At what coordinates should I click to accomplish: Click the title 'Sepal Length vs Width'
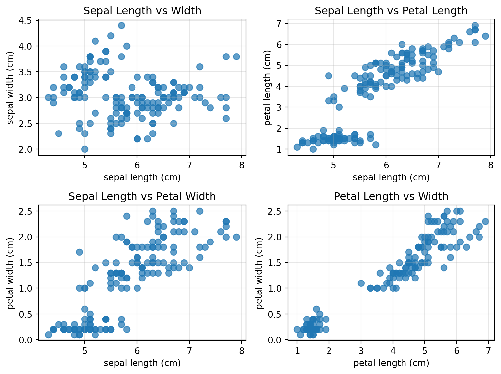click(142, 11)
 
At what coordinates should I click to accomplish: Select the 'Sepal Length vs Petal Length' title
click(391, 11)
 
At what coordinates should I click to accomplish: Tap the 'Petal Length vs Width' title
click(391, 196)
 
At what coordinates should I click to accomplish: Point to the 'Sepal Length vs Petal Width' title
click(142, 196)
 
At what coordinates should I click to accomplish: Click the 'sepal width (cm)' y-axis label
click(10, 88)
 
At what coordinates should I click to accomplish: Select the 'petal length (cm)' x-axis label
click(391, 363)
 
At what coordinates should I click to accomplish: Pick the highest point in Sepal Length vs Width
click(121, 25)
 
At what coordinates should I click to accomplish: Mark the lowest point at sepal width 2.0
click(85, 149)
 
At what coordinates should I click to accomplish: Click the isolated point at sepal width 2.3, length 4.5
click(58, 133)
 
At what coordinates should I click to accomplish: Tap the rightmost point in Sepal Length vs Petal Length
click(485, 36)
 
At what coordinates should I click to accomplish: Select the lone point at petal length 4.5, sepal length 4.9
click(328, 76)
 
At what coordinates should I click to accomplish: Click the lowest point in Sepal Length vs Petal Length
click(313, 149)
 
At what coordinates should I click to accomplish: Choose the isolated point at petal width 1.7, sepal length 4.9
click(79, 252)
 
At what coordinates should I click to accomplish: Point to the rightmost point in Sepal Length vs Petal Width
click(236, 237)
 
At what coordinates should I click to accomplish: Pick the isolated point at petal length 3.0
click(361, 283)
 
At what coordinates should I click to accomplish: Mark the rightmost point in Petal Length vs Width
click(485, 221)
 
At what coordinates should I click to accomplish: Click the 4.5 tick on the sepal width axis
click(28, 20)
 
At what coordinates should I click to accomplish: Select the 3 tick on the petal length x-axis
click(361, 351)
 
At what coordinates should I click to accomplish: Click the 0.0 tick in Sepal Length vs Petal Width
click(28, 340)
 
